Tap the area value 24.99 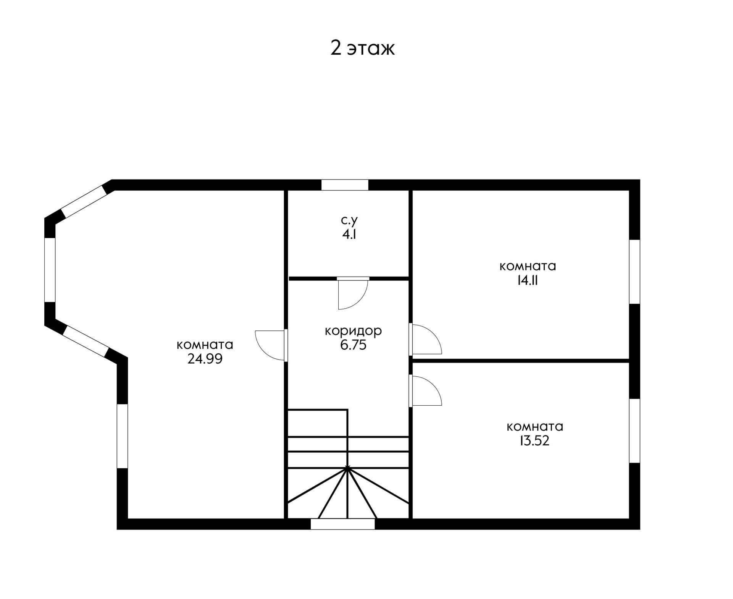[x=205, y=359]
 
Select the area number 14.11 [x=528, y=280]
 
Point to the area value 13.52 [x=534, y=441]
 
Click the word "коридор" [x=353, y=331]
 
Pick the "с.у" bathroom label [x=349, y=220]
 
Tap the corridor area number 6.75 [x=353, y=345]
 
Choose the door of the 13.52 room [x=425, y=391]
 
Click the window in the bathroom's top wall [x=345, y=185]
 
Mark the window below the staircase [x=342, y=524]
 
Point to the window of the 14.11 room [x=635, y=272]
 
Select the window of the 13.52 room [x=635, y=431]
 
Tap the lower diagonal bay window [x=86, y=341]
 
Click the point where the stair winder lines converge [x=347, y=468]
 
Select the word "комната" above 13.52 [x=535, y=426]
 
